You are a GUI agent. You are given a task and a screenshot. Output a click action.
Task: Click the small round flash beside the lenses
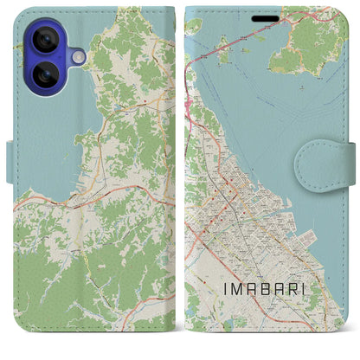pyautogui.click(x=78, y=56)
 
